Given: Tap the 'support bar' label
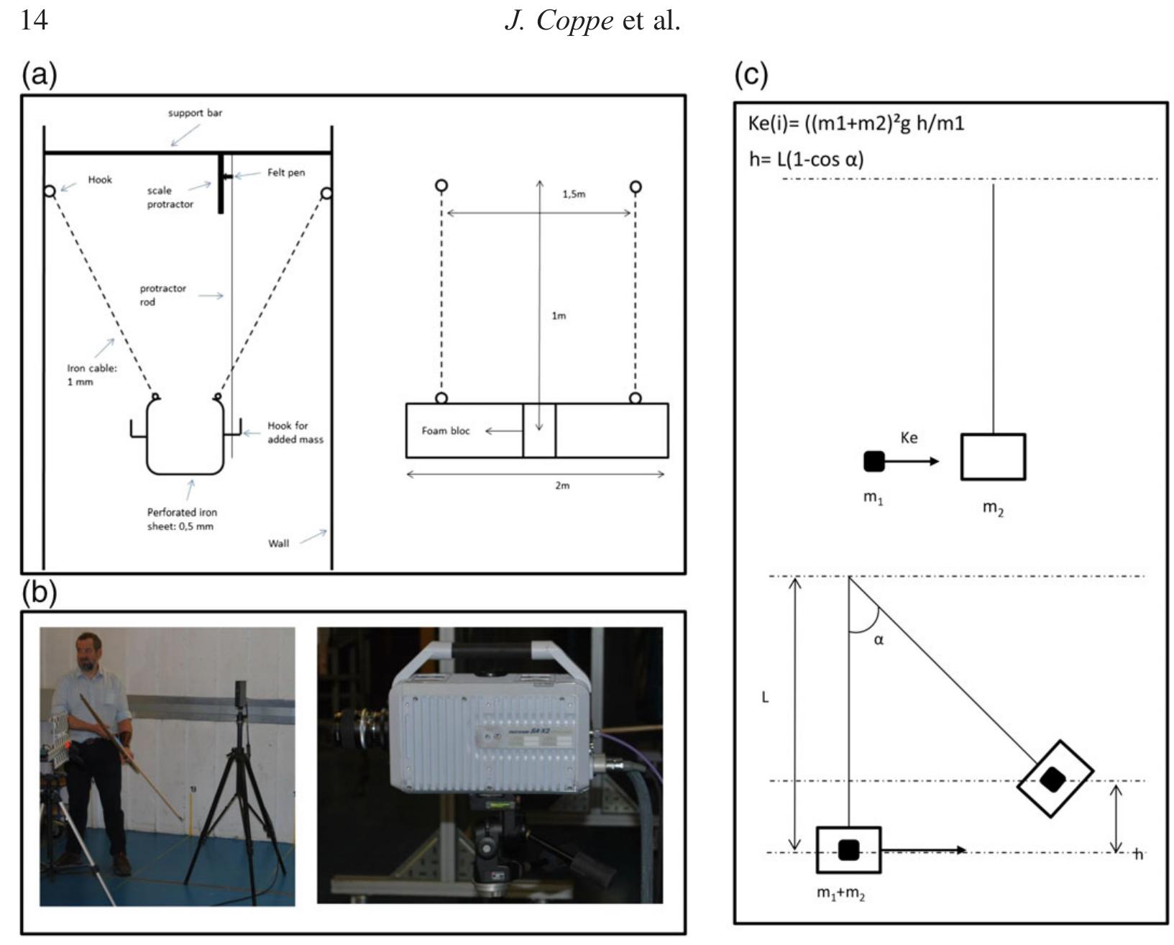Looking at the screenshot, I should click(x=195, y=113).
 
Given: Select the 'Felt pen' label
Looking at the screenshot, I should click(x=286, y=173).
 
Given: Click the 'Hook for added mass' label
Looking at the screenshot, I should click(x=295, y=432).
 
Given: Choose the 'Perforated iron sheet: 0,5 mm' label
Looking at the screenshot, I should click(x=182, y=519).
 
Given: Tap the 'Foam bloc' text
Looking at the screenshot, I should click(x=446, y=431).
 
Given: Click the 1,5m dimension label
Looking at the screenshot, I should click(x=574, y=194).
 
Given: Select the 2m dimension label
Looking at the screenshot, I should click(x=562, y=485).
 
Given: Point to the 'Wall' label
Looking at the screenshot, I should click(x=278, y=543).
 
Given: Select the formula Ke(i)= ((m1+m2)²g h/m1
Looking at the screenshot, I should click(x=856, y=124).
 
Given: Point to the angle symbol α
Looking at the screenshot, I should click(x=879, y=639).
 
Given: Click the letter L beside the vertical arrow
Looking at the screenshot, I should click(x=766, y=698).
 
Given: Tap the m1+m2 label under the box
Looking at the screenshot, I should click(x=840, y=894).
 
